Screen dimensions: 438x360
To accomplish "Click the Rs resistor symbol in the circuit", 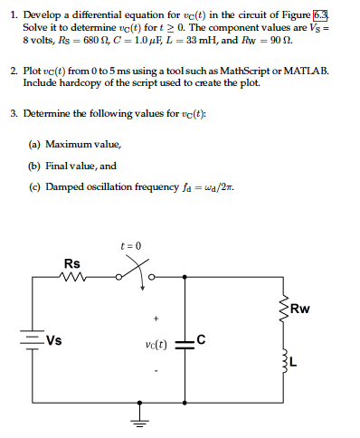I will click(72, 278).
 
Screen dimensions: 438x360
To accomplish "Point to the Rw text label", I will click(302, 307).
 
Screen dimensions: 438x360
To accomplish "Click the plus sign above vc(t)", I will click(156, 319).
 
